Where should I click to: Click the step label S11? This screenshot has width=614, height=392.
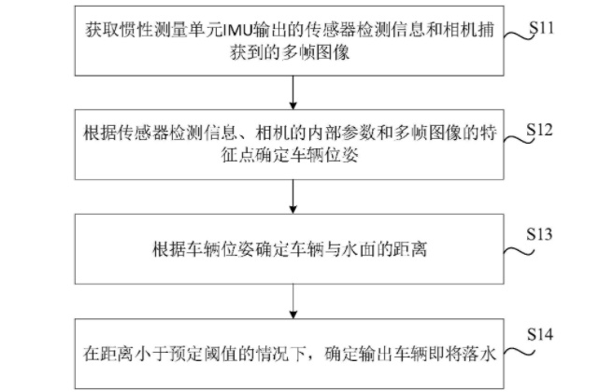tap(541, 28)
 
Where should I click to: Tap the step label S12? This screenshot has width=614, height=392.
tap(539, 130)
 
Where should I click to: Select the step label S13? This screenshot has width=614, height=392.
tap(539, 234)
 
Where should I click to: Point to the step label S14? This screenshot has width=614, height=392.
tap(540, 334)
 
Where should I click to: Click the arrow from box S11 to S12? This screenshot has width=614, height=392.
tap(293, 92)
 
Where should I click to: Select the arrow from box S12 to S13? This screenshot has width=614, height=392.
tap(293, 196)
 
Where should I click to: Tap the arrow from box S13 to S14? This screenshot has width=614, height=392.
tap(293, 301)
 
